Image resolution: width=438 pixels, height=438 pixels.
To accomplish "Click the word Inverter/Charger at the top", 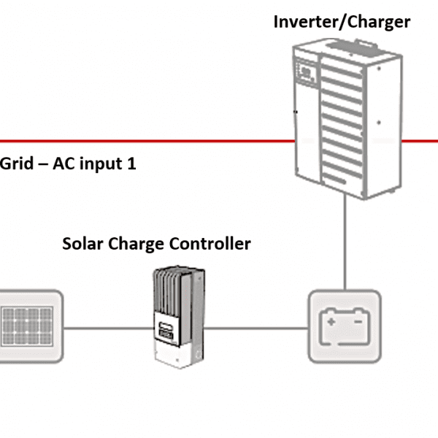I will [x=342, y=21].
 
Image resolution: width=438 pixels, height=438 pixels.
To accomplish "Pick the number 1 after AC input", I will [x=131, y=164].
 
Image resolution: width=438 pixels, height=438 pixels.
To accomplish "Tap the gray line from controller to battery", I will [x=255, y=327].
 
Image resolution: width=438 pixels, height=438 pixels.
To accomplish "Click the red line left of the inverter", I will [x=146, y=140].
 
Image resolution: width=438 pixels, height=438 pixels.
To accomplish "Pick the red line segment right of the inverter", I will [x=420, y=140].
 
